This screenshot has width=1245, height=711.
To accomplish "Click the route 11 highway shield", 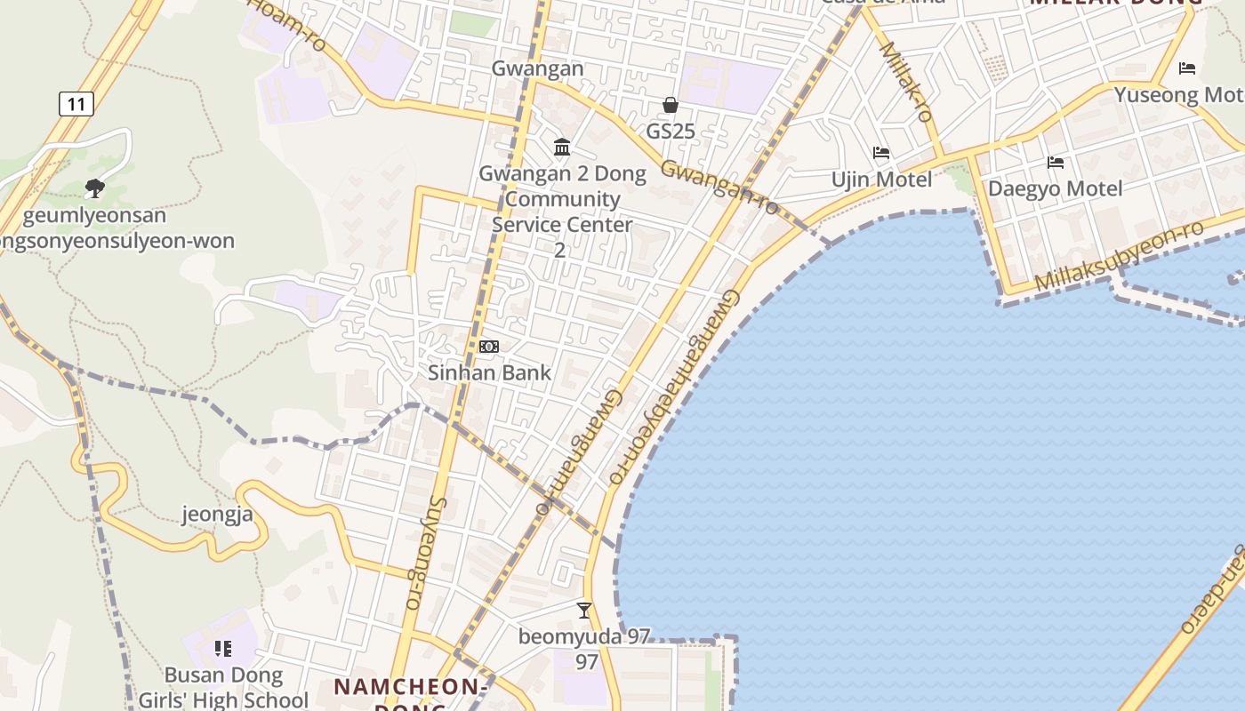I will tap(76, 104).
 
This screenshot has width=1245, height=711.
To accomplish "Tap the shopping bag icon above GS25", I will tap(671, 105).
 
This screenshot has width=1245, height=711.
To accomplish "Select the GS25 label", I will tap(671, 132).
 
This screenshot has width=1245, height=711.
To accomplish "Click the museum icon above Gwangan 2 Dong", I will tap(562, 147).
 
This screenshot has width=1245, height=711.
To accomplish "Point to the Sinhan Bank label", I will tap(490, 372).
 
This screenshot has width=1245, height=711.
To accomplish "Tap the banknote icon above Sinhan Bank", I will tap(489, 346).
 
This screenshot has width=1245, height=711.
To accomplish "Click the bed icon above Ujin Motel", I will tap(881, 153).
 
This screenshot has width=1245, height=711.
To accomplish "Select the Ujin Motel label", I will tap(881, 180).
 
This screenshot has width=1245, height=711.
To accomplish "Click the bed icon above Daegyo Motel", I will tap(1056, 162).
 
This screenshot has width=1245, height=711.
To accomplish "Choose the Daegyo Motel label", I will tap(1056, 188).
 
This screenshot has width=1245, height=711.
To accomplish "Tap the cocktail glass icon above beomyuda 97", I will tap(584, 610).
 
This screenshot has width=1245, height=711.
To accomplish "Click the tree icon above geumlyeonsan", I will tap(94, 188).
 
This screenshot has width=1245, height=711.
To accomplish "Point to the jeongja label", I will tap(218, 514).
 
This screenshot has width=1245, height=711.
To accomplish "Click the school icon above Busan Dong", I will tap(222, 649).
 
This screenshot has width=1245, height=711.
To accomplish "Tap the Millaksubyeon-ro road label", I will tap(1120, 257).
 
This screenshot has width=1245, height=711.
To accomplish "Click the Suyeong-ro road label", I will tap(425, 551).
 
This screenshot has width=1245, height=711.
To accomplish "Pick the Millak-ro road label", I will tap(906, 81).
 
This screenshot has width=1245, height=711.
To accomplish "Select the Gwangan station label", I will tap(538, 68).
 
